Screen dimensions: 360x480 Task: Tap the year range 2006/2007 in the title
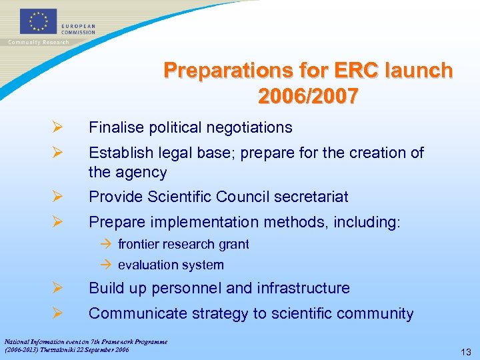point(307,97)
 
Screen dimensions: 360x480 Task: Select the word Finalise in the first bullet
point(115,127)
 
